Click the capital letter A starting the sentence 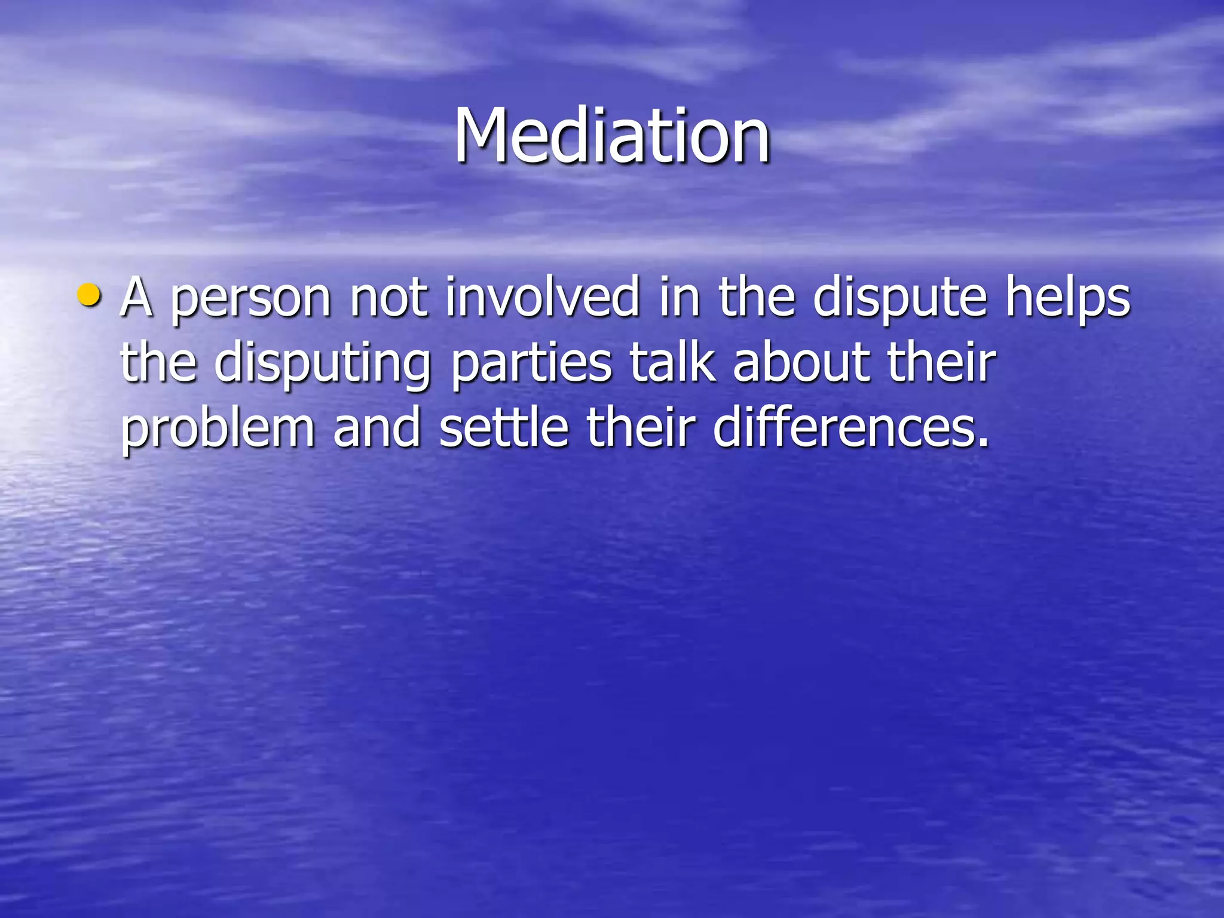pos(137,297)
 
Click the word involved pos(543,297)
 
